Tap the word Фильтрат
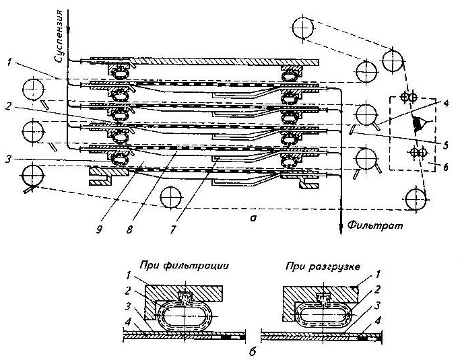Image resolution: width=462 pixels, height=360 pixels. [x=370, y=228]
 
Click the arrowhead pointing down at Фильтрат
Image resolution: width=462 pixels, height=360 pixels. [x=341, y=225]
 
